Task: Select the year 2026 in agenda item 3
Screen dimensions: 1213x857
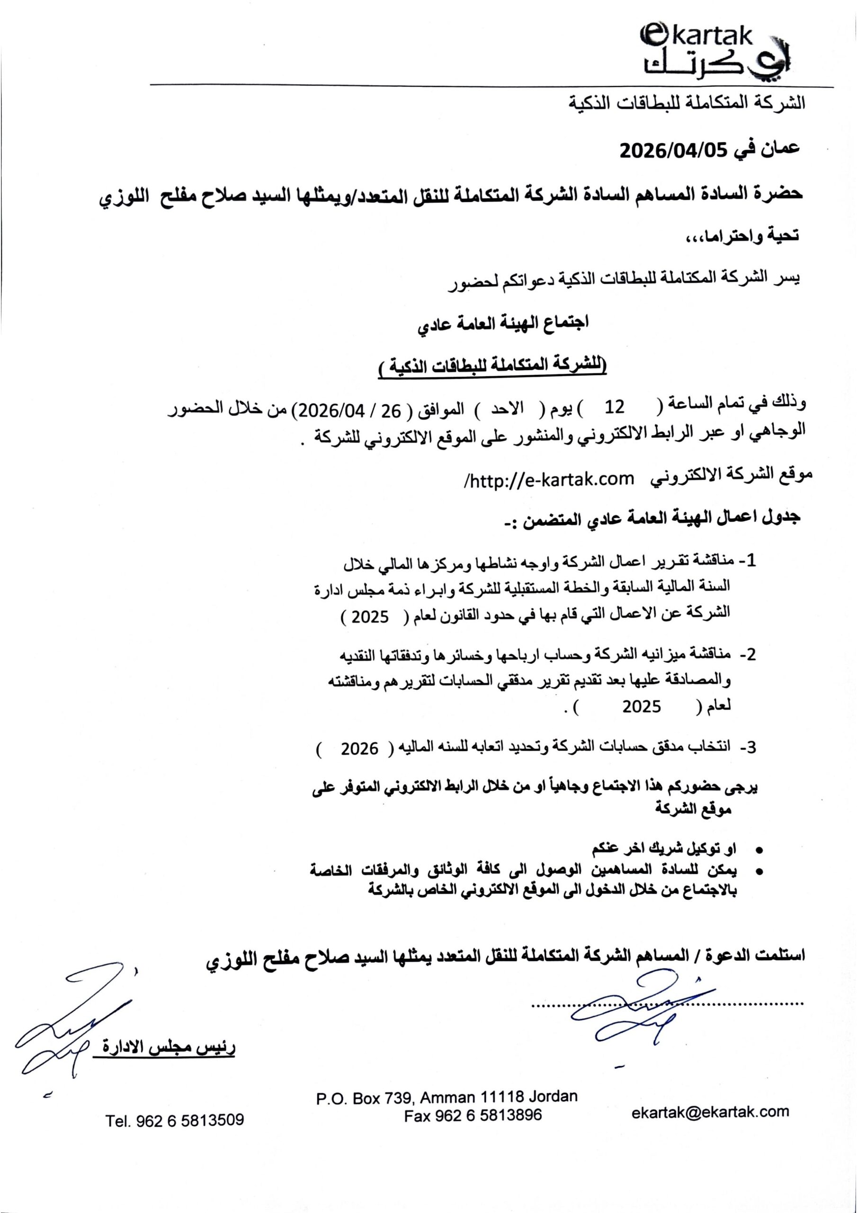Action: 359,749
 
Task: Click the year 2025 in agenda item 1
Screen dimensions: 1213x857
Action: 370,616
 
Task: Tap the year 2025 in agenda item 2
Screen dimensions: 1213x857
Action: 641,706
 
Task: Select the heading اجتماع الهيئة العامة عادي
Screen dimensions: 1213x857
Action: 503,323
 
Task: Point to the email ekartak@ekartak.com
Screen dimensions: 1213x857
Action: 710,1112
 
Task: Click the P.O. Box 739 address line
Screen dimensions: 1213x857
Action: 446,1097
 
